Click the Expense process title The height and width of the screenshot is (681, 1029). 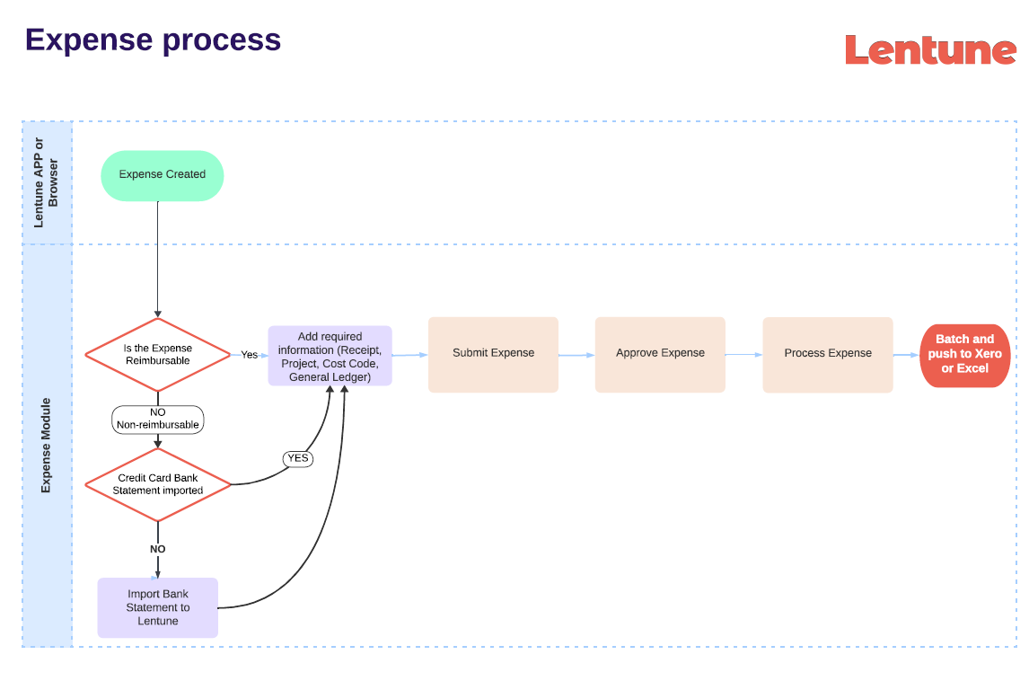(153, 40)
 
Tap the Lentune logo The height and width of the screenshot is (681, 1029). (929, 50)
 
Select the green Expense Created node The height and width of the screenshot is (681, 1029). (162, 175)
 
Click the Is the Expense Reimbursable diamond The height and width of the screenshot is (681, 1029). (158, 355)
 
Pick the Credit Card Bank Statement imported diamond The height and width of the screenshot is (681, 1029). (158, 484)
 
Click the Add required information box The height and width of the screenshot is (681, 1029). (330, 356)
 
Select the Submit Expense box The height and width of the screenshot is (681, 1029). (493, 354)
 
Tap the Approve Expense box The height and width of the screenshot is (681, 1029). (660, 354)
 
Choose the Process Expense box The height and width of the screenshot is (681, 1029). (827, 354)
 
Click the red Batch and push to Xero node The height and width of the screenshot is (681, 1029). (964, 355)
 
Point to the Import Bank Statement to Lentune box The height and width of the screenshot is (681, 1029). (158, 607)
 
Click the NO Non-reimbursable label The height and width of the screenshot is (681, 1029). (158, 419)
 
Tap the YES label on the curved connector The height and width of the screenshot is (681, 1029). (297, 458)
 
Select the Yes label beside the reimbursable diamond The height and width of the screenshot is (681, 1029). (249, 355)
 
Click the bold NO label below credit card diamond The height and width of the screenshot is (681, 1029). (158, 549)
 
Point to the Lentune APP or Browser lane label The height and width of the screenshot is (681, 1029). (46, 182)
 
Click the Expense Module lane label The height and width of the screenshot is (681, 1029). (46, 445)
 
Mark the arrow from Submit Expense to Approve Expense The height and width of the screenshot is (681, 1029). (576, 355)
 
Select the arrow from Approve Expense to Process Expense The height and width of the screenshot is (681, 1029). (743, 355)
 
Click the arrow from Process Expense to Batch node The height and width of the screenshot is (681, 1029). (906, 355)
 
